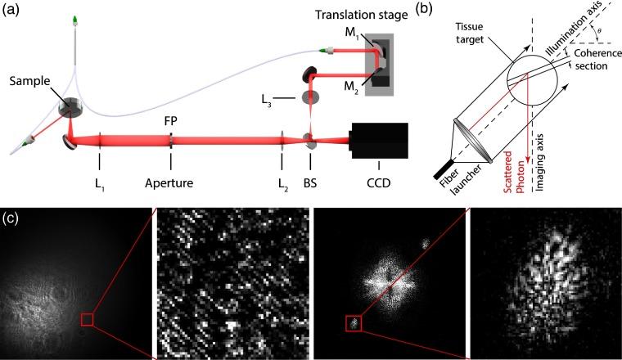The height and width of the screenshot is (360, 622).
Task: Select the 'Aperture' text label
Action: pos(170,182)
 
